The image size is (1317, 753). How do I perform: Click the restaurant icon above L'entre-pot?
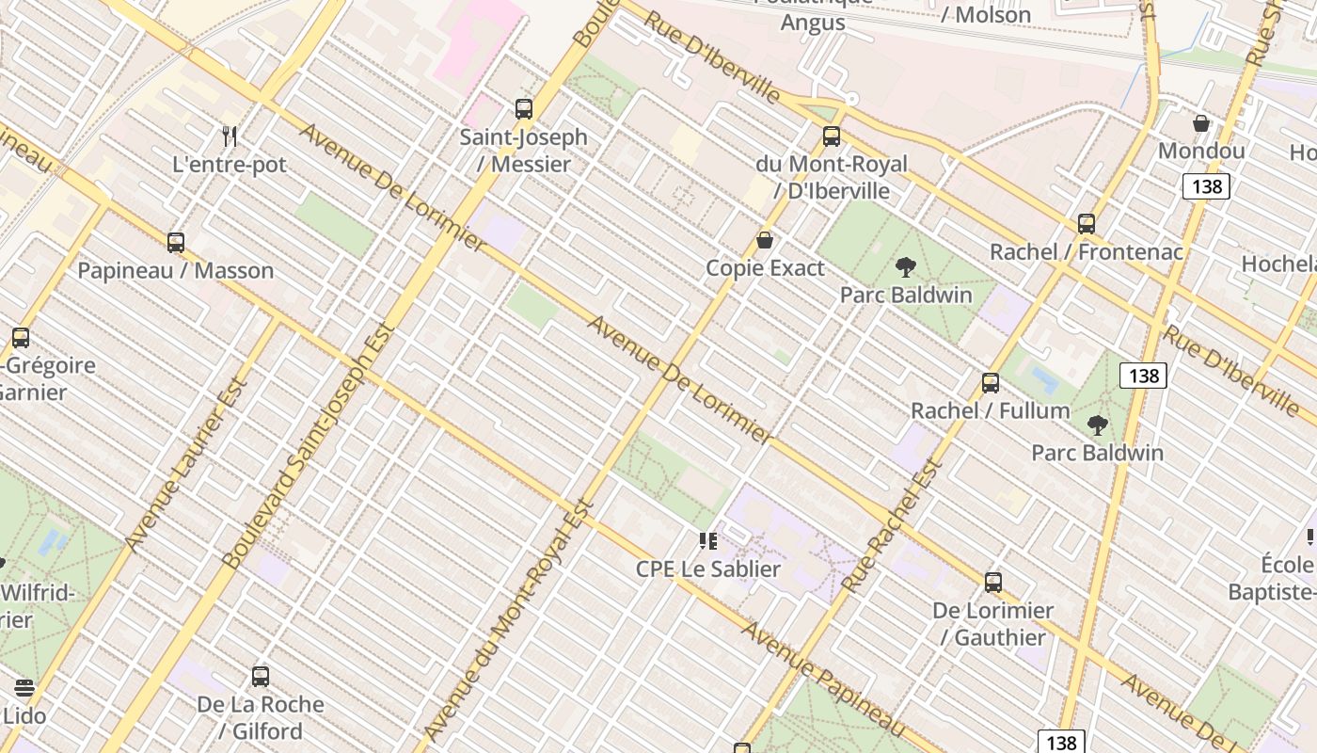pyautogui.click(x=230, y=136)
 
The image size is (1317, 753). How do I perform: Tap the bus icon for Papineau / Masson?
pyautogui.click(x=176, y=243)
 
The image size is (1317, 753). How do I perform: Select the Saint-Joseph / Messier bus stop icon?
pyautogui.click(x=524, y=109)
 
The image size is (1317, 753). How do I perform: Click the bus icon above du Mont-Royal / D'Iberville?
pyautogui.click(x=832, y=136)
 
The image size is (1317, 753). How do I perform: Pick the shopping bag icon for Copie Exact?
pyautogui.click(x=765, y=240)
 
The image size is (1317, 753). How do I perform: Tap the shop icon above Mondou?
pyautogui.click(x=1201, y=123)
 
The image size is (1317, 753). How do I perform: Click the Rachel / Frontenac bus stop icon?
pyautogui.click(x=1087, y=224)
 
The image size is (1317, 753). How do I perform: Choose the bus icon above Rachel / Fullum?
pyautogui.click(x=991, y=383)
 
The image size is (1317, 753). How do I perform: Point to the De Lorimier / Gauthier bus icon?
pyautogui.click(x=993, y=583)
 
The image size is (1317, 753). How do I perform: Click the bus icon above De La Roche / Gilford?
pyautogui.click(x=261, y=677)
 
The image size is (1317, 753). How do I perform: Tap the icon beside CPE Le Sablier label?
pyautogui.click(x=707, y=541)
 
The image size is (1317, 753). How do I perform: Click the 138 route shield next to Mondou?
pyautogui.click(x=1206, y=186)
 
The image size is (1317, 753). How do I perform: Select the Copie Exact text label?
pyautogui.click(x=765, y=268)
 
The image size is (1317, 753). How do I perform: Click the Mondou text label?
pyautogui.click(x=1201, y=152)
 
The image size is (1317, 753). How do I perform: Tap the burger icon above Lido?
pyautogui.click(x=24, y=688)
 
